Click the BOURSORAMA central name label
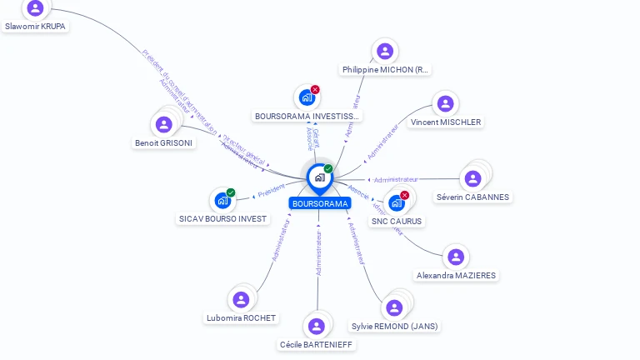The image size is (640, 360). tap(320, 203)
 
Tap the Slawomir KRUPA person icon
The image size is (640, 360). tap(35, 8)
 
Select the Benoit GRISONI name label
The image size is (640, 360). tap(163, 142)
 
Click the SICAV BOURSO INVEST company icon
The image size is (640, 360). tap(222, 200)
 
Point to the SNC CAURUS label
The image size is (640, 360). tap(397, 221)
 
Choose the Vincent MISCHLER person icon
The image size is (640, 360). tap(446, 103)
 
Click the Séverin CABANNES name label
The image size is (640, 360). tap(473, 197)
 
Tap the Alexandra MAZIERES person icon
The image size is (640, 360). tap(456, 257)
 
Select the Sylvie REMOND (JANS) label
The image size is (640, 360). tap(394, 326)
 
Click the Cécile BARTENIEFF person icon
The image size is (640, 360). tap(316, 326)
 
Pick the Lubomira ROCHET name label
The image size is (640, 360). tap(242, 317)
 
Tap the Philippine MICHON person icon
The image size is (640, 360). tap(385, 51)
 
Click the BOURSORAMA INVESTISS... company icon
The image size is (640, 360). tap(307, 97)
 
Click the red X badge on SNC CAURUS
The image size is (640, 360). tap(405, 195)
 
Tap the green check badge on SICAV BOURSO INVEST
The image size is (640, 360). tap(231, 192)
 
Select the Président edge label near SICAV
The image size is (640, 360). tap(271, 191)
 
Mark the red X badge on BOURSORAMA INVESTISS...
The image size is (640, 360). tap(315, 89)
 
